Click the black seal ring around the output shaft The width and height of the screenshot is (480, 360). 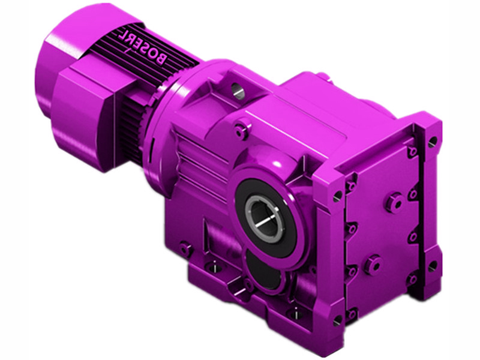(x=264, y=217)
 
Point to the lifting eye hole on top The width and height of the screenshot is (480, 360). (x=238, y=90)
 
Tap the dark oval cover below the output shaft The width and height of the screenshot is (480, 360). (x=264, y=272)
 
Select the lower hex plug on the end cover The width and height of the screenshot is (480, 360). (x=373, y=263)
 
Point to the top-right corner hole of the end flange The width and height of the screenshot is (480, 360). (x=433, y=142)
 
